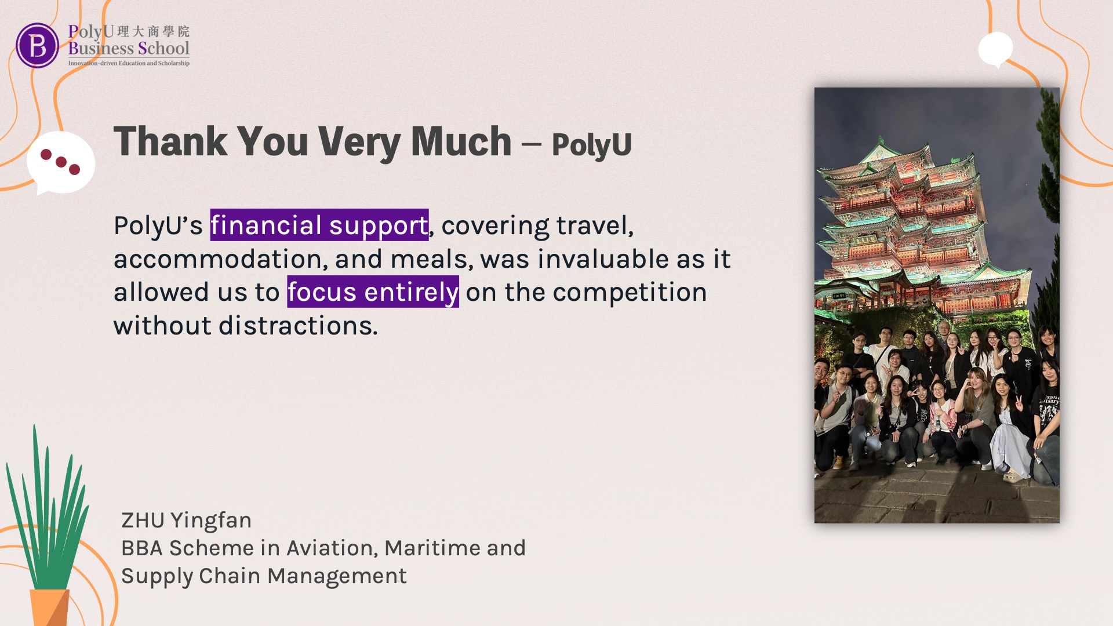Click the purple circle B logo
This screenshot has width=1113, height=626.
[38, 45]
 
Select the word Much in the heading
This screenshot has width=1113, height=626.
[461, 141]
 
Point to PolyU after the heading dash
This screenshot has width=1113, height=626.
[591, 145]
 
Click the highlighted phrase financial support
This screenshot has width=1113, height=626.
[319, 225]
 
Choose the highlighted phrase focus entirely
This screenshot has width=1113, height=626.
[373, 292]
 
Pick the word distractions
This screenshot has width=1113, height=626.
[298, 326]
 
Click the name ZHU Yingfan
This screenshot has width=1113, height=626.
[186, 521]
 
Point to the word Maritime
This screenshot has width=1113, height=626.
[432, 548]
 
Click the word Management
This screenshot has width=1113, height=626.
[337, 576]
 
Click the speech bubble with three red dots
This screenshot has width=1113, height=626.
[61, 163]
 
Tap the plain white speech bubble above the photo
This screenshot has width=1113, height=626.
[995, 49]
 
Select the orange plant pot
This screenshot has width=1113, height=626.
[50, 607]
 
